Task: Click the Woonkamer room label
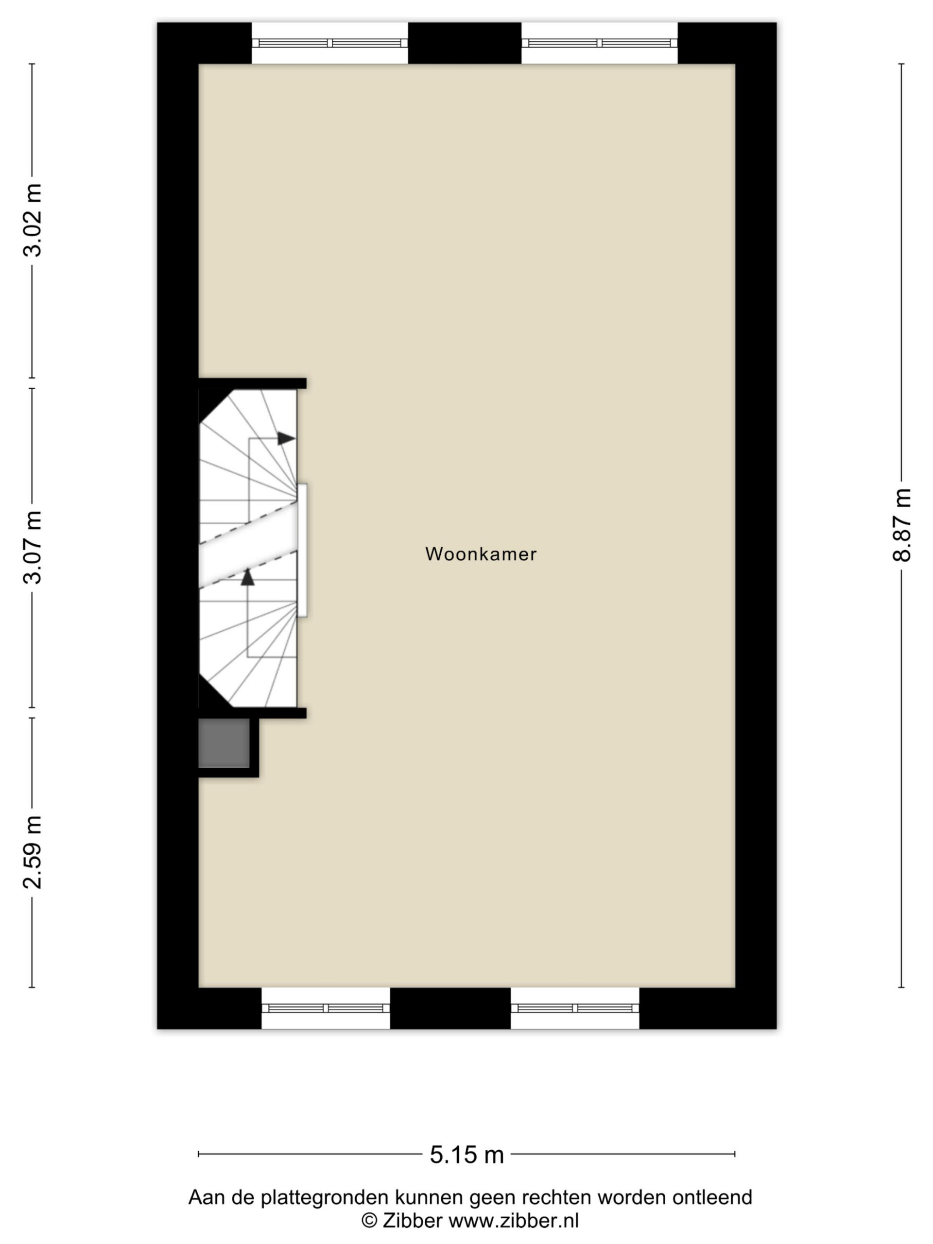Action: [x=481, y=554]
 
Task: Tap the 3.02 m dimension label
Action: [x=33, y=221]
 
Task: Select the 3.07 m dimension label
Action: [x=33, y=547]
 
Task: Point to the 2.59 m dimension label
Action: [x=33, y=852]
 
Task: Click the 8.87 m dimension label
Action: [x=901, y=525]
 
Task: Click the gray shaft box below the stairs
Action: [x=224, y=743]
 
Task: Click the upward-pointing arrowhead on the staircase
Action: [x=247, y=577]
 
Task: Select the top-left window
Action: [x=329, y=43]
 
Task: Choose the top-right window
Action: [x=600, y=43]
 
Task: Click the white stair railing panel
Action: [x=302, y=550]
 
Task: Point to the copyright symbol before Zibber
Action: [x=369, y=1221]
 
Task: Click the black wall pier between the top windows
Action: [x=465, y=43]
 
